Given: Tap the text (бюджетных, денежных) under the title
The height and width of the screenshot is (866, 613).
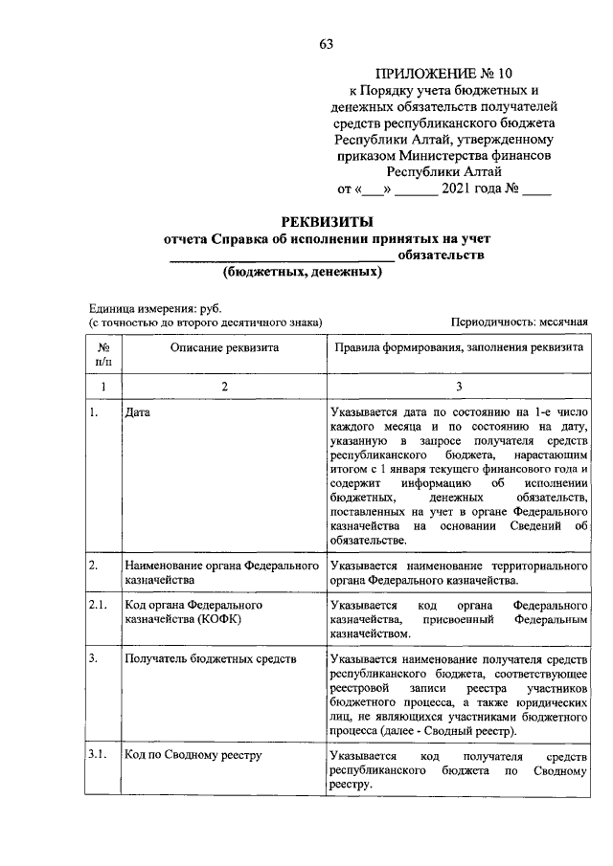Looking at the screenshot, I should (x=303, y=273).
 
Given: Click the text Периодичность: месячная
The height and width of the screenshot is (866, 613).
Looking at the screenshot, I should (x=518, y=323).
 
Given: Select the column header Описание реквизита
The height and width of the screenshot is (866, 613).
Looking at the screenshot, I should (x=224, y=348).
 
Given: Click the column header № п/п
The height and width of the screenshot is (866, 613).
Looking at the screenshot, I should (x=103, y=355).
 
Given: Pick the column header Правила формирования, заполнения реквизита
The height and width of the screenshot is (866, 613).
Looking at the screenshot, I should (x=458, y=348).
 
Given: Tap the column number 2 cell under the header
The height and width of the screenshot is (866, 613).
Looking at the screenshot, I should (x=224, y=386).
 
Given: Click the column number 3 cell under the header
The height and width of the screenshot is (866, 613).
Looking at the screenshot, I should (x=458, y=386).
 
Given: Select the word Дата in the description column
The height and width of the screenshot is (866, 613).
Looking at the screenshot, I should (x=137, y=412).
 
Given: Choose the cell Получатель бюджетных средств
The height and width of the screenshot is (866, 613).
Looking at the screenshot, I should (x=210, y=659).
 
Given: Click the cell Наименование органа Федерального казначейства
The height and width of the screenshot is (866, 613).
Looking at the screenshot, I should (x=220, y=573).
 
